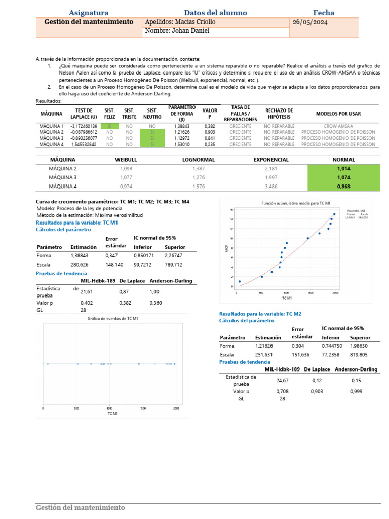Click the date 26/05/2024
point(310,22)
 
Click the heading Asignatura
point(89,13)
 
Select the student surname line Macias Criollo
point(180,22)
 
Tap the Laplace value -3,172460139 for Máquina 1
point(84,126)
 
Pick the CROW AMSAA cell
point(338,126)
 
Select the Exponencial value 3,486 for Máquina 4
point(271,187)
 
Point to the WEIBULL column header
point(126,160)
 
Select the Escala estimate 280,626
point(80,265)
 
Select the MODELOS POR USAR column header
point(338,113)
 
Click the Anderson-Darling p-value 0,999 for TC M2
point(356,391)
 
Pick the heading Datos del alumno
point(215,13)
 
